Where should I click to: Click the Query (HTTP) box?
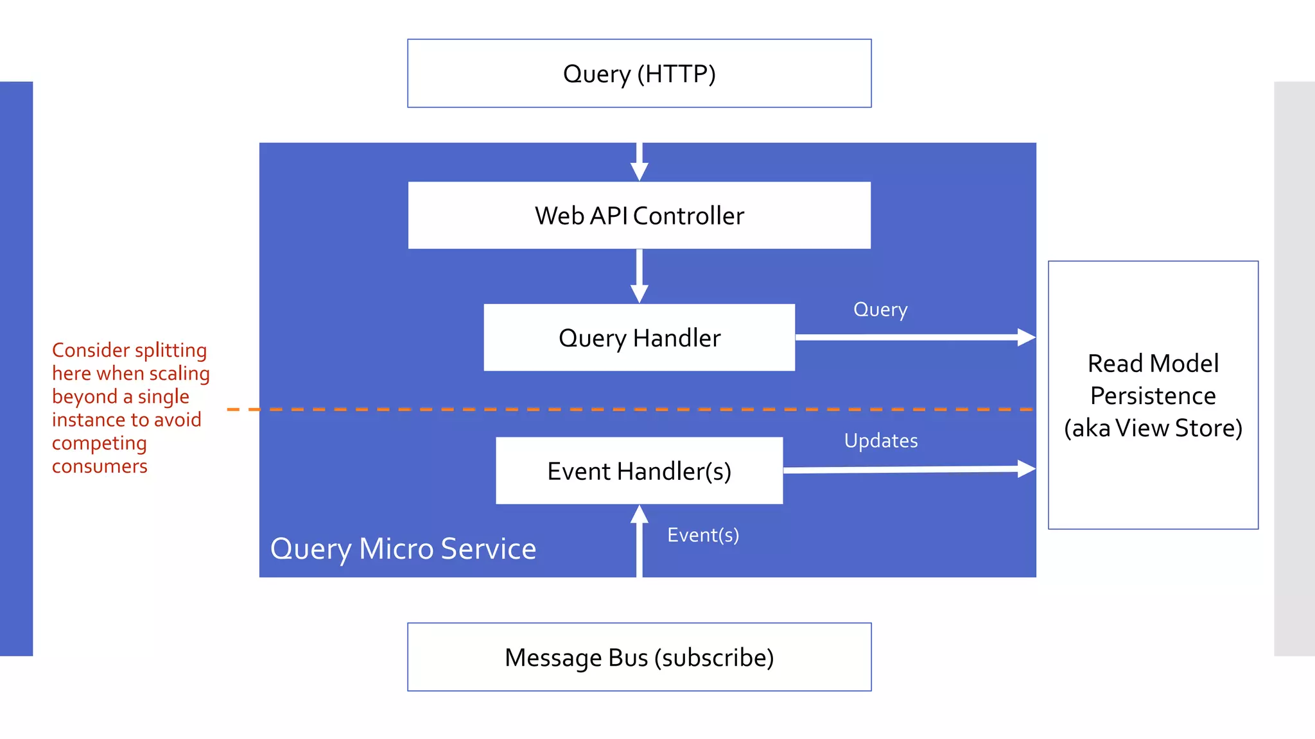(639, 74)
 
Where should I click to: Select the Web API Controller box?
(639, 216)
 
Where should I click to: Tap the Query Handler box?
(639, 338)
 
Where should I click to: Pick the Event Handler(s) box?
(639, 471)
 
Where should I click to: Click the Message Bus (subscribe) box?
(639, 658)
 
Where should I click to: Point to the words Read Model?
(1153, 364)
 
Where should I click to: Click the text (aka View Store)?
(1153, 428)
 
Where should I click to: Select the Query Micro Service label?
(403, 549)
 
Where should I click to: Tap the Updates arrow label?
(881, 441)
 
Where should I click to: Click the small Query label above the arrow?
(880, 310)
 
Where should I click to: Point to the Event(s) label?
(703, 535)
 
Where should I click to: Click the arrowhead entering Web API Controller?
(639, 171)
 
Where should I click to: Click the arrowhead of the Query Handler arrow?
(1026, 337)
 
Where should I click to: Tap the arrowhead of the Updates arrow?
(1026, 469)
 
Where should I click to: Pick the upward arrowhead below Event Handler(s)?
(639, 514)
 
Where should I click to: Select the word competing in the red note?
(100, 443)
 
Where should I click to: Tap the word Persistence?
(1153, 396)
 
